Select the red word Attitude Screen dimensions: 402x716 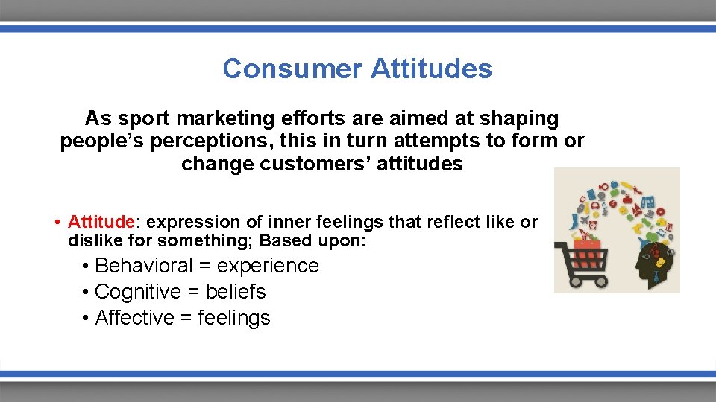(101, 222)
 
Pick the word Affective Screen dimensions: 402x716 (134, 318)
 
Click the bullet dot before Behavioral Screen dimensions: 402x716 (87, 267)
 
